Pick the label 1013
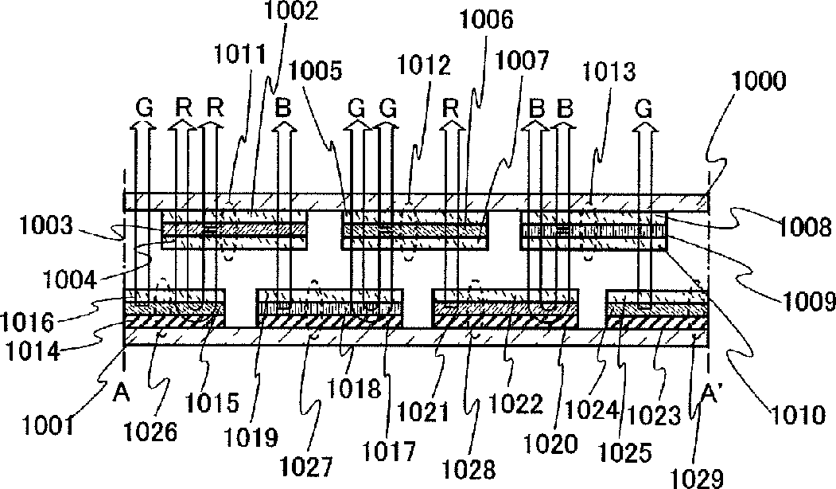[x=614, y=73]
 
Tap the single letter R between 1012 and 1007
[x=451, y=106]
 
